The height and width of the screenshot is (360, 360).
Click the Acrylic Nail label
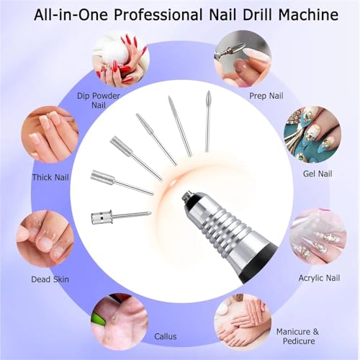coord(316,276)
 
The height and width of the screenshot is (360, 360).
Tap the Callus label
coord(165,336)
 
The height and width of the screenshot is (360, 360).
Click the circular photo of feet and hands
coord(242,320)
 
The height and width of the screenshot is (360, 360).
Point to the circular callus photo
coord(119,319)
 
